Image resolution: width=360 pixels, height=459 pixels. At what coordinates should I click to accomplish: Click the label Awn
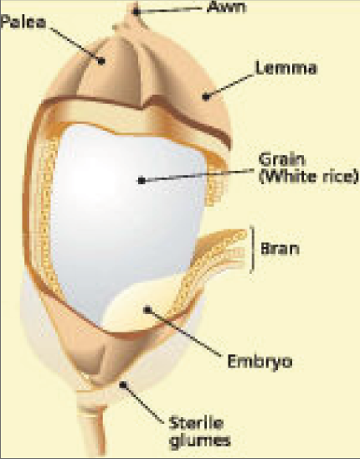coord(226,7)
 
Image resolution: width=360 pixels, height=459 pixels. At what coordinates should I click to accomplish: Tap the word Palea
coord(23,23)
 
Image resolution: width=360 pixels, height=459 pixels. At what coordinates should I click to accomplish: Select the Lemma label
coord(286,68)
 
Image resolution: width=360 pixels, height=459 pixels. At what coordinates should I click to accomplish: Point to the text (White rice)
coord(308,177)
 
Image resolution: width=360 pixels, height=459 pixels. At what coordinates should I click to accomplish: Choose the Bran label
coord(280,249)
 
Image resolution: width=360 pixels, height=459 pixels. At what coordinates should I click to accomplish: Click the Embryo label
coord(260,362)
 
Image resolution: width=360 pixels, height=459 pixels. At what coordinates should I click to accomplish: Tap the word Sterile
coord(196,423)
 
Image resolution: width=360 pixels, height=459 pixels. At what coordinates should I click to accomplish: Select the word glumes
coord(200,441)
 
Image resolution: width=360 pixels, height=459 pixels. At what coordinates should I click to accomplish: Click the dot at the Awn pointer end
coord(136,12)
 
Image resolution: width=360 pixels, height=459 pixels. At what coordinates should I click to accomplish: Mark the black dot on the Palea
coord(101,61)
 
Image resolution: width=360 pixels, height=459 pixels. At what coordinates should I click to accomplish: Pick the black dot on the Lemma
coord(206,96)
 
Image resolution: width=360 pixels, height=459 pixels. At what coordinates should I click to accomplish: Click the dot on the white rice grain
coord(141,181)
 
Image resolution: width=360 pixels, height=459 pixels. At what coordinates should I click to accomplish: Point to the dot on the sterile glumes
coord(124,384)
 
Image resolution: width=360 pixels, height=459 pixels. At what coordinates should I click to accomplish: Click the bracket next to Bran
coord(252,249)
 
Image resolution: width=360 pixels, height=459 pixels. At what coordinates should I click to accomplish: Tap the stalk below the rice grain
coord(93,425)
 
